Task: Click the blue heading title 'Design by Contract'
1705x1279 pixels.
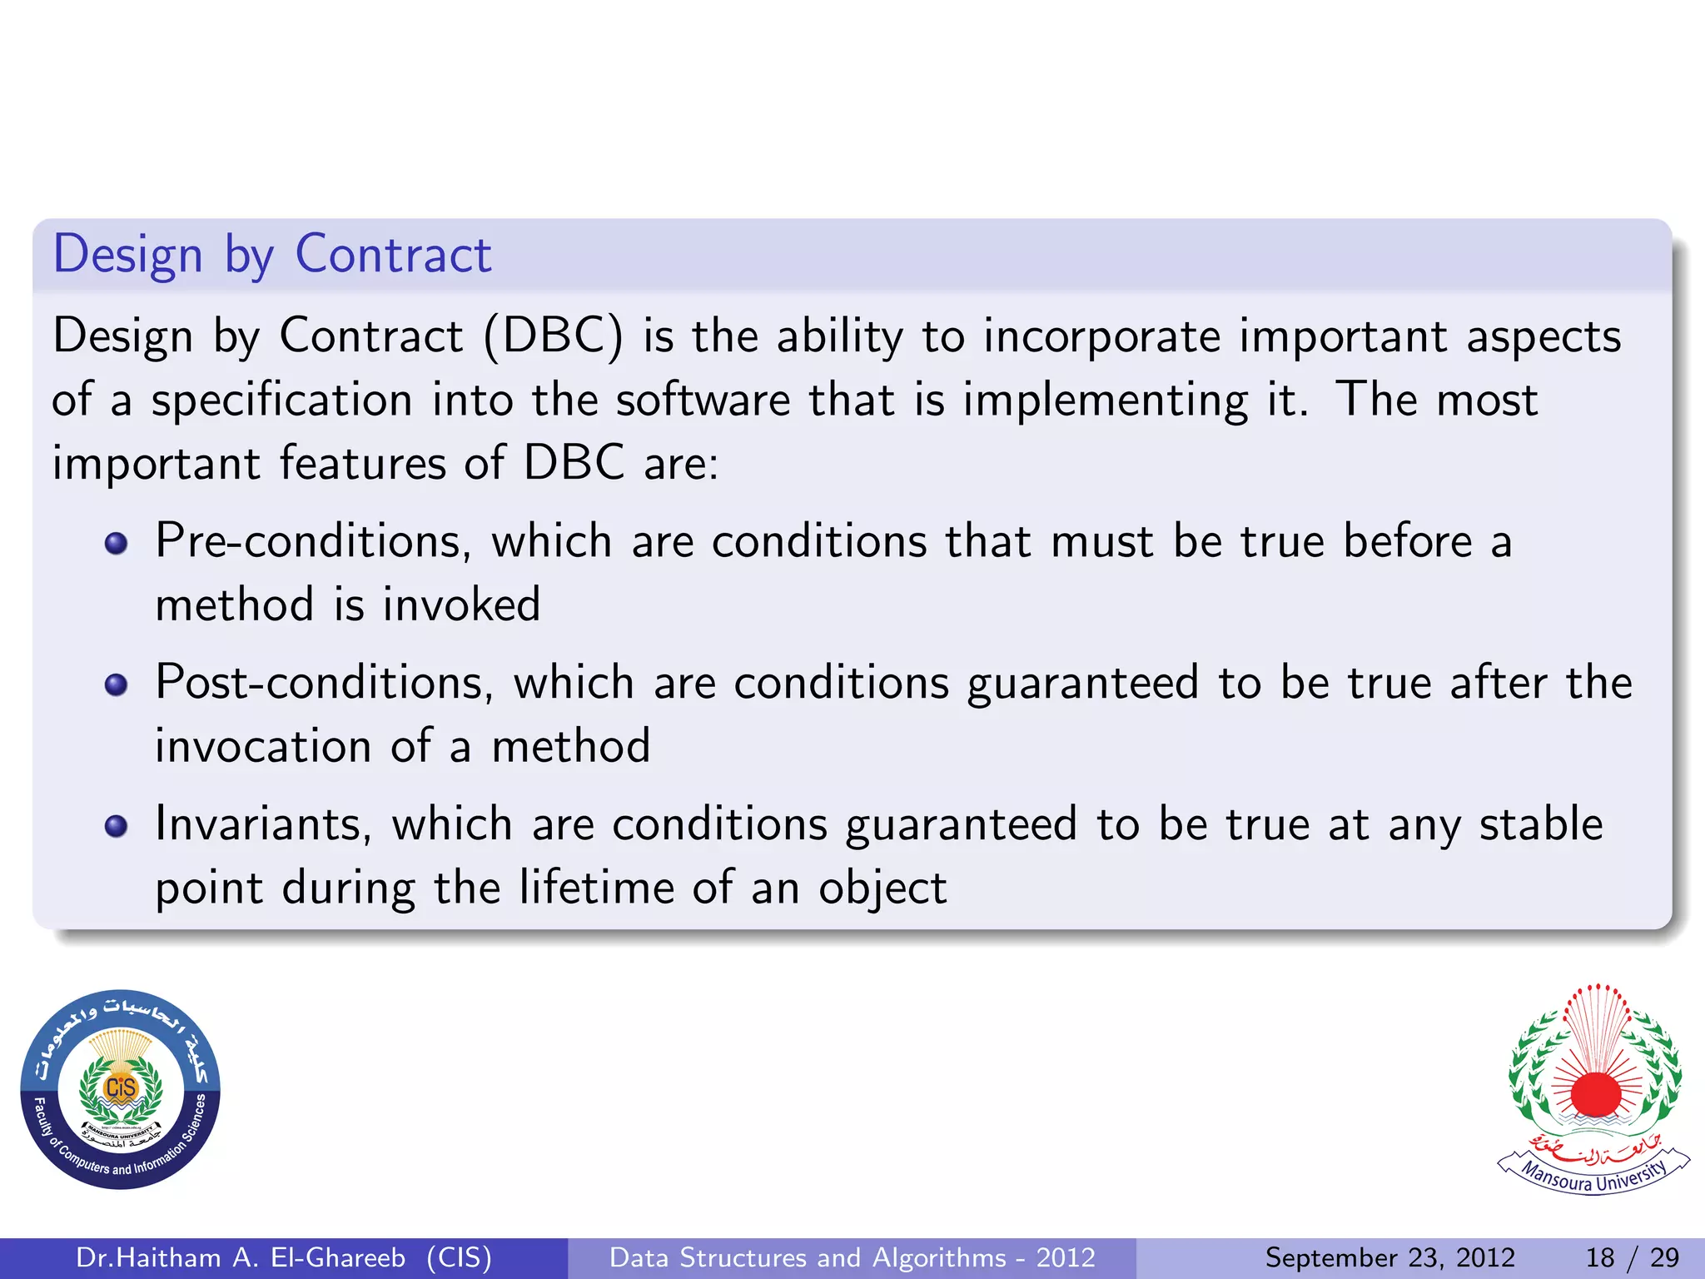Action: [271, 255]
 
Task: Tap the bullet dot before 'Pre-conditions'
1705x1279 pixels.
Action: [117, 544]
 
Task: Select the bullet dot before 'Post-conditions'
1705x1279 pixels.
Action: [117, 685]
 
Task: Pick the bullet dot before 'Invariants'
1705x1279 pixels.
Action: [117, 827]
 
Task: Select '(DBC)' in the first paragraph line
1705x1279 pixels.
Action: [553, 337]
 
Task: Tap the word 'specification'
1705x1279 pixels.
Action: [281, 401]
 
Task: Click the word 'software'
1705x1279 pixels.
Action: [703, 401]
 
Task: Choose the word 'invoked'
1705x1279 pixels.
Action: [461, 605]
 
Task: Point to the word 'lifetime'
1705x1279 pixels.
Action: [595, 888]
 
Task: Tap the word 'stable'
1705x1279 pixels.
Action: [1540, 825]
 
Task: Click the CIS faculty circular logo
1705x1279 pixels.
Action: [120, 1089]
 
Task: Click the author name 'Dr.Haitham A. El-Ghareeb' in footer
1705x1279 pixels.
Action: [241, 1257]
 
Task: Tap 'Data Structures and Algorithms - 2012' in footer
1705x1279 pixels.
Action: [852, 1257]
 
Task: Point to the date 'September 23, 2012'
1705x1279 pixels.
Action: [1389, 1257]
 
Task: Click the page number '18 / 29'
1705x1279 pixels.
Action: [1632, 1257]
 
